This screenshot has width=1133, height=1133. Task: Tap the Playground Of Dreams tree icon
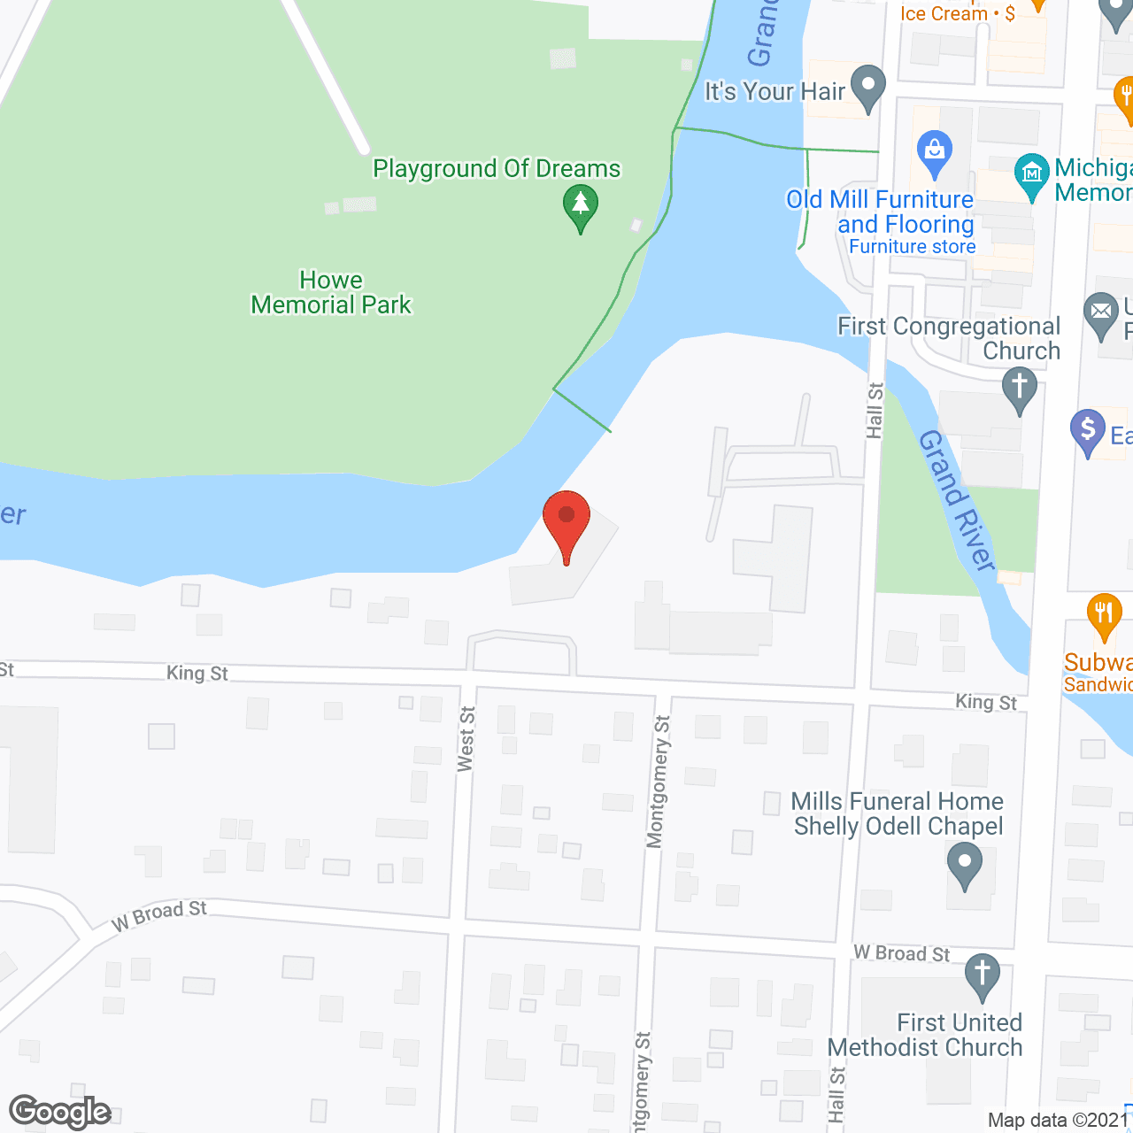coord(581,205)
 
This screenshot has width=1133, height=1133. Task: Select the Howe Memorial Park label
coord(331,293)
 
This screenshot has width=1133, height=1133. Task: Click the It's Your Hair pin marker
coord(867,88)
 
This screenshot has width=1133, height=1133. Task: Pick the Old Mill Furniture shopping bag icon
coord(934,151)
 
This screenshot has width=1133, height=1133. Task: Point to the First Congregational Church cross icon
coord(1020,389)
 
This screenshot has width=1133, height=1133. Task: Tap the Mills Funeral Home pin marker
coord(965,862)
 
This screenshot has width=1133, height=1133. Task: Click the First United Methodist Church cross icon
coord(982,975)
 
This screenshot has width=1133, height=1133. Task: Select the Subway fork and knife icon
coord(1104,614)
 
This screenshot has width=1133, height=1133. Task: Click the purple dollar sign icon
coord(1088,431)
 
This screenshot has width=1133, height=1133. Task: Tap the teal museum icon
coord(1031,174)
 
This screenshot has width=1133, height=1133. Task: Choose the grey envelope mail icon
coord(1101,313)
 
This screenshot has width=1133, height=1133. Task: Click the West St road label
coord(466,739)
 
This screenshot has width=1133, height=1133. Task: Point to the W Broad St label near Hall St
coord(901,953)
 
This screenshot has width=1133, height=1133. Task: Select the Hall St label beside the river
coord(875,410)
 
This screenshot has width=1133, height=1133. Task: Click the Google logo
coord(60,1112)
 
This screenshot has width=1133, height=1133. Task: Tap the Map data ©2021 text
coord(1059,1121)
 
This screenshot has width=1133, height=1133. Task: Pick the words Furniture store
coord(913,247)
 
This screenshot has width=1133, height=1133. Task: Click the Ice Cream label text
coord(944,13)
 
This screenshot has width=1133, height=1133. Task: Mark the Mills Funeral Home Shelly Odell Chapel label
coord(898,813)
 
